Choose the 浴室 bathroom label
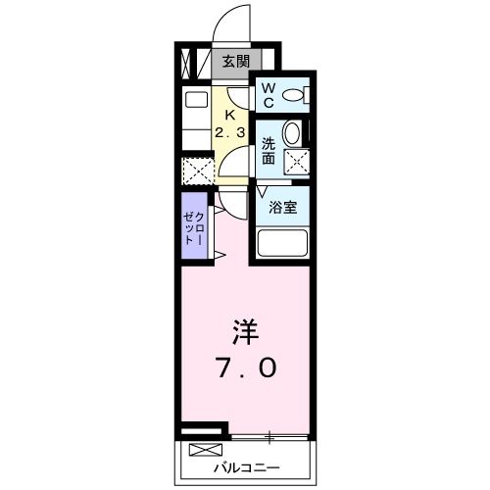pos(283,207)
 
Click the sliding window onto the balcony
pos(270,435)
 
